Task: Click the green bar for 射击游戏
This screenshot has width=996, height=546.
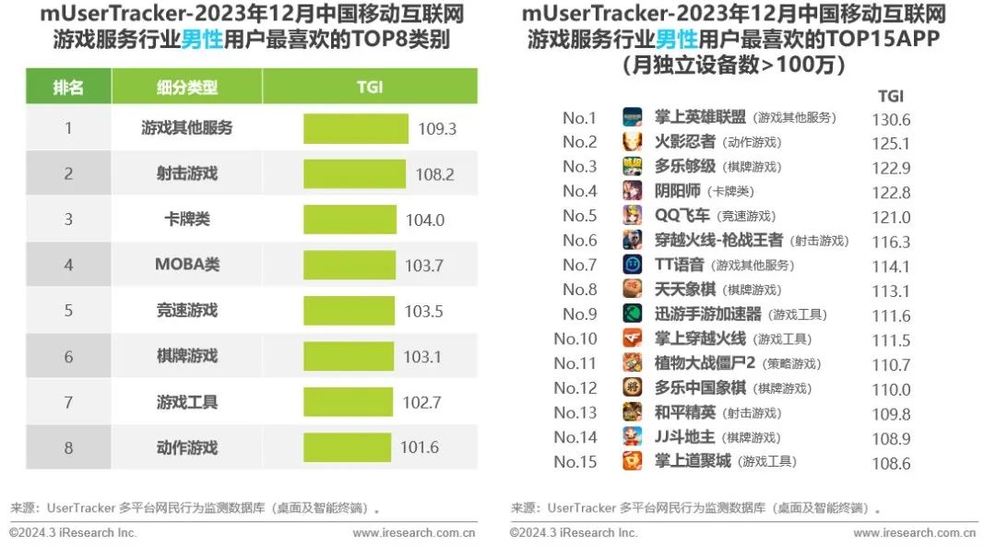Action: pyautogui.click(x=354, y=173)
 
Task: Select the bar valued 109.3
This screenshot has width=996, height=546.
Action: pyautogui.click(x=355, y=128)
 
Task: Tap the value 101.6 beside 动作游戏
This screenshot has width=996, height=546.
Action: pyautogui.click(x=420, y=448)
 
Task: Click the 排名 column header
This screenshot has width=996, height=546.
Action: pyautogui.click(x=68, y=87)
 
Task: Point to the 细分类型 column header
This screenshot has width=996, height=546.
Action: pyautogui.click(x=187, y=87)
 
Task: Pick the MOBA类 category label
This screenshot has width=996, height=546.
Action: pyautogui.click(x=187, y=265)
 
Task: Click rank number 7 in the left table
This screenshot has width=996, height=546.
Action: pyautogui.click(x=68, y=402)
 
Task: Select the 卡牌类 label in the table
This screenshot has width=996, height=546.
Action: pyautogui.click(x=187, y=220)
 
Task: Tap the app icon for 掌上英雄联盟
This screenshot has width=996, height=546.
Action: pyautogui.click(x=632, y=118)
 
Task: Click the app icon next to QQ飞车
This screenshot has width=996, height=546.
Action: pyautogui.click(x=632, y=216)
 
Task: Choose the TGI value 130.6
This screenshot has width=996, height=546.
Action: pyautogui.click(x=891, y=120)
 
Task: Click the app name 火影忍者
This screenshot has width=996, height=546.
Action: pyautogui.click(x=684, y=142)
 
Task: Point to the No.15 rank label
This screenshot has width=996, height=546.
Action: pyautogui.click(x=575, y=462)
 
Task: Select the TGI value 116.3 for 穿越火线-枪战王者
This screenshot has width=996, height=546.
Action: pyautogui.click(x=891, y=242)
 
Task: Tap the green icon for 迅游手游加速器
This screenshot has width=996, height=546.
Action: pyautogui.click(x=632, y=314)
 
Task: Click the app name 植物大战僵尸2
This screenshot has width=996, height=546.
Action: pyautogui.click(x=705, y=363)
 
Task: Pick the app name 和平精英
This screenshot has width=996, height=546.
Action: pyautogui.click(x=684, y=412)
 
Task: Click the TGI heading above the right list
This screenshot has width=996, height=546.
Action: pyautogui.click(x=890, y=96)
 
